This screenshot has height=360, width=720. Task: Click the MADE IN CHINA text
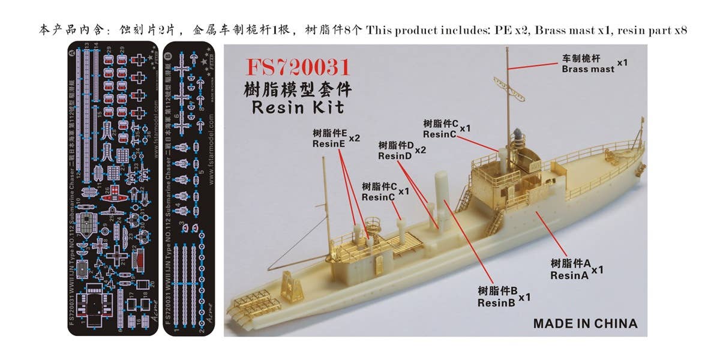tap(585, 323)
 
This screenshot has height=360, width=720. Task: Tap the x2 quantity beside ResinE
tap(354, 137)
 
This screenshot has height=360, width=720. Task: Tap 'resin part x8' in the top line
tap(652, 29)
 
